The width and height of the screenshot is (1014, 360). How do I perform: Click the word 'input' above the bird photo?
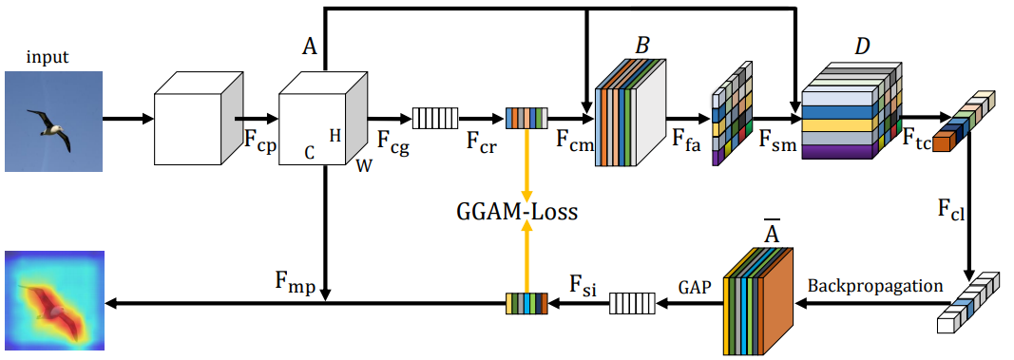point(48,58)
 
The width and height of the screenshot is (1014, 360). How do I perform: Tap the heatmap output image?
point(53,300)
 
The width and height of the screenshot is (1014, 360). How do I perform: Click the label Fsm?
point(776,144)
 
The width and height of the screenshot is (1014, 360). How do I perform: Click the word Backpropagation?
point(874,285)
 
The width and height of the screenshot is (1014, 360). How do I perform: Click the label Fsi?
point(583,285)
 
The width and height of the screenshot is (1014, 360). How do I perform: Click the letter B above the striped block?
point(641,46)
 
